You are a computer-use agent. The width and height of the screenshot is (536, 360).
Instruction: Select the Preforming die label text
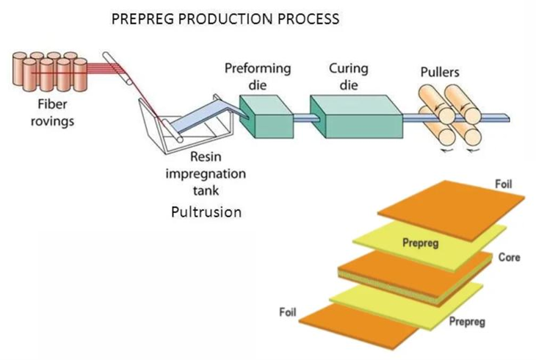pos(257,76)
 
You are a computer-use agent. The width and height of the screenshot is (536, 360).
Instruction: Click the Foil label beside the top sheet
pos(504,184)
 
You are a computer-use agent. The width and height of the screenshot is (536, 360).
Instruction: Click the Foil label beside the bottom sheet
pos(289,312)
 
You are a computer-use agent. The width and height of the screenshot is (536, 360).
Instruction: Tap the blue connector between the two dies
pos(303,117)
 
